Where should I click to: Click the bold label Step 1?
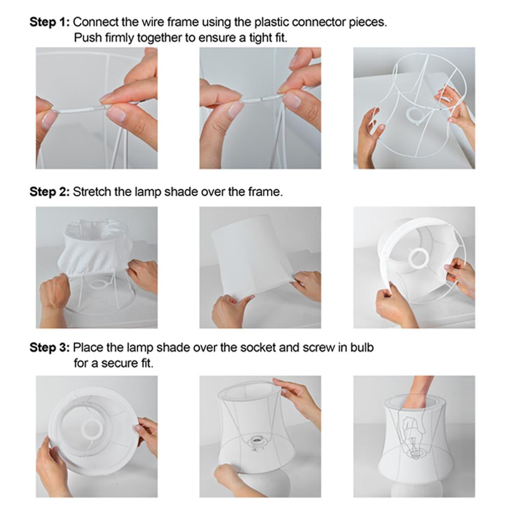[50, 22]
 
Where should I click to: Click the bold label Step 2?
[50, 191]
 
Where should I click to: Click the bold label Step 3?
[50, 347]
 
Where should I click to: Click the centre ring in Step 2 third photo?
[417, 257]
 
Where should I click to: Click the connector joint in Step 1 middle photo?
[261, 100]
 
